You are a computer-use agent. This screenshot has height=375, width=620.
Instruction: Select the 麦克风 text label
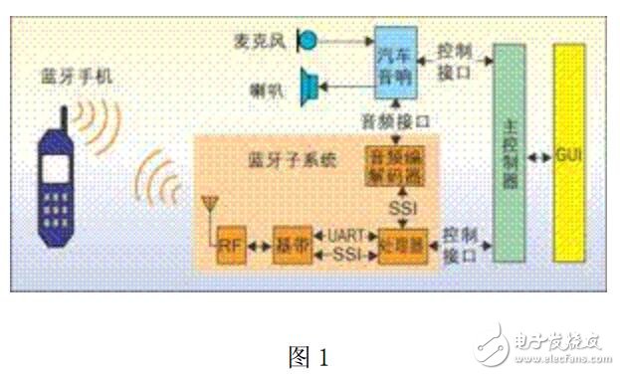(x=266, y=41)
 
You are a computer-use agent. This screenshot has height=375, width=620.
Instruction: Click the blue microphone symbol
(x=308, y=41)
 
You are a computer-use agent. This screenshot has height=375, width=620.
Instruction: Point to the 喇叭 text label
(x=267, y=91)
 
